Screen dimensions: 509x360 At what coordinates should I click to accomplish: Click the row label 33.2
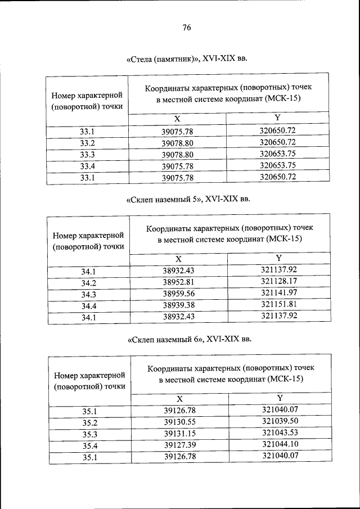(x=87, y=143)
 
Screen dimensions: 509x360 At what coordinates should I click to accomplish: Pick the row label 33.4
(x=87, y=166)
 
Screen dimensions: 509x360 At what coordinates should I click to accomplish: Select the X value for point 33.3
(x=177, y=154)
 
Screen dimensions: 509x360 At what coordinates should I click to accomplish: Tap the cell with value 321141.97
(x=278, y=292)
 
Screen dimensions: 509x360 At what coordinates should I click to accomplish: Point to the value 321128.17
(x=278, y=281)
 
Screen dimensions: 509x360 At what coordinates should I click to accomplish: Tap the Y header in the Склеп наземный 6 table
(x=280, y=398)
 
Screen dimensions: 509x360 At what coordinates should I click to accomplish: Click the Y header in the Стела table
(x=277, y=118)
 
